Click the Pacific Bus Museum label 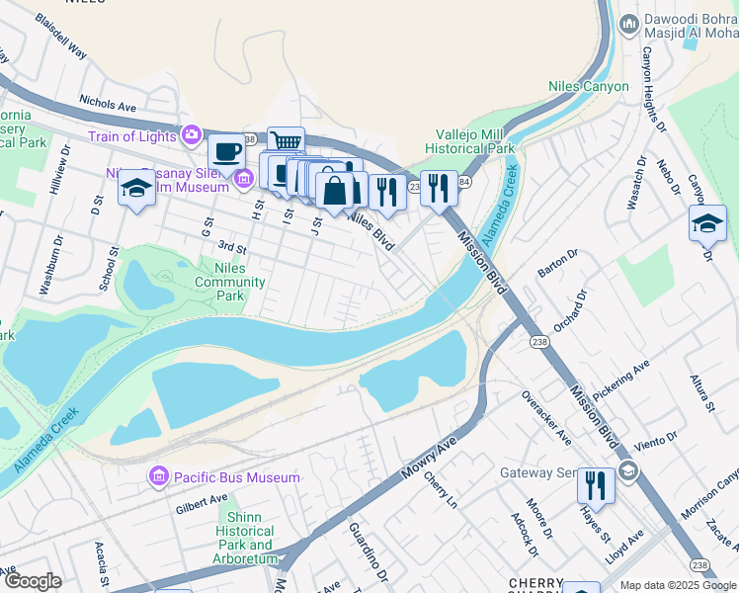[237, 478]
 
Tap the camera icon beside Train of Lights [192, 134]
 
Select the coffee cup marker [226, 152]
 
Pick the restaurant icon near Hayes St [595, 485]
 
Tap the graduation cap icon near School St [136, 189]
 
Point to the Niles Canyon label [589, 87]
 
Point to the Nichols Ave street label [108, 103]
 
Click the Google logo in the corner [33, 581]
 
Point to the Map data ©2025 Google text [679, 585]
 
